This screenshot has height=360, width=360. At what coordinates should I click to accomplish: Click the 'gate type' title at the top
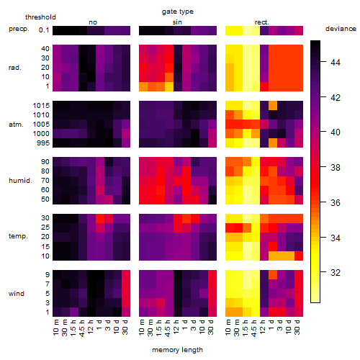point(178,12)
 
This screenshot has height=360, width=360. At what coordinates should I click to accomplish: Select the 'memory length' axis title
point(177,350)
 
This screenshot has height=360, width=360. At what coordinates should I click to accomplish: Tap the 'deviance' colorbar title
point(341,29)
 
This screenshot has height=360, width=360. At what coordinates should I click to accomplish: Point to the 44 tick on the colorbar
point(336,63)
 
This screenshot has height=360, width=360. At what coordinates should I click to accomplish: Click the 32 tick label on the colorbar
point(336,273)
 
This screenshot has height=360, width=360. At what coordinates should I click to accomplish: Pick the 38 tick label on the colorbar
point(336,168)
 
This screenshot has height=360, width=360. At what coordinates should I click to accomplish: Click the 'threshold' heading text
point(40,17)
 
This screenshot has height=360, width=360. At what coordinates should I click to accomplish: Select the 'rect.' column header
point(262,22)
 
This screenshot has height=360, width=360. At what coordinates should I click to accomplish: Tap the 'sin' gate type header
point(177,22)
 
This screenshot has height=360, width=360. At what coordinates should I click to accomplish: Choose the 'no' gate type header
point(93,22)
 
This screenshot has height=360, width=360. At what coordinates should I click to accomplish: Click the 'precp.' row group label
point(19,29)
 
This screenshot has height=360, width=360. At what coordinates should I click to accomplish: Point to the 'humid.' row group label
point(20,181)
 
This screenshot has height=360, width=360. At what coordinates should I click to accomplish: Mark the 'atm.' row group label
point(16,125)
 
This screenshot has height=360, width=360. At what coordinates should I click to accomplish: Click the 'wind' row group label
point(17,294)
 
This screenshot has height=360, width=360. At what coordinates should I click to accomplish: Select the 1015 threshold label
point(41,106)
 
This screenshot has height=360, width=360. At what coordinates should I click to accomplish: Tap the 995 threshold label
point(43,143)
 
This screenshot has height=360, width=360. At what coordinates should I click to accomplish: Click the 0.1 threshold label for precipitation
point(44,30)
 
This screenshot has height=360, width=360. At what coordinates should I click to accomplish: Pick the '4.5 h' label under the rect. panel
point(253,328)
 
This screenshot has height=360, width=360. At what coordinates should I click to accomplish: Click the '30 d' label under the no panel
point(125,327)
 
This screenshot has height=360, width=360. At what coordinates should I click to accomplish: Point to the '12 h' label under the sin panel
point(176,327)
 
